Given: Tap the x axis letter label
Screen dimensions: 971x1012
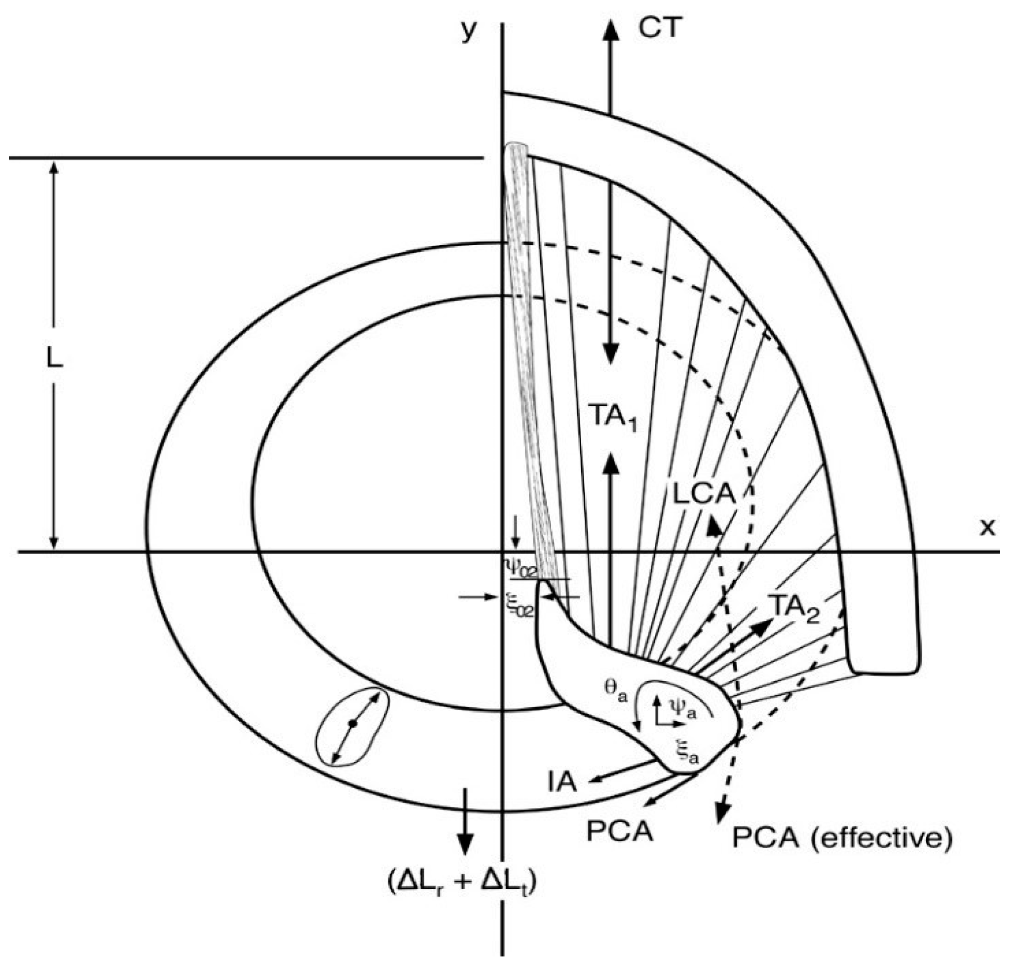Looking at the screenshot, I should click(x=987, y=527).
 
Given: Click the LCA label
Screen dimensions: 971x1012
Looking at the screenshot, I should click(x=703, y=495).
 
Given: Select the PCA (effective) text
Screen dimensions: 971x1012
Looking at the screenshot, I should click(x=841, y=838).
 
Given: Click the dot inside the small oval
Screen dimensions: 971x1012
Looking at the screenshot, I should click(x=353, y=724).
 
